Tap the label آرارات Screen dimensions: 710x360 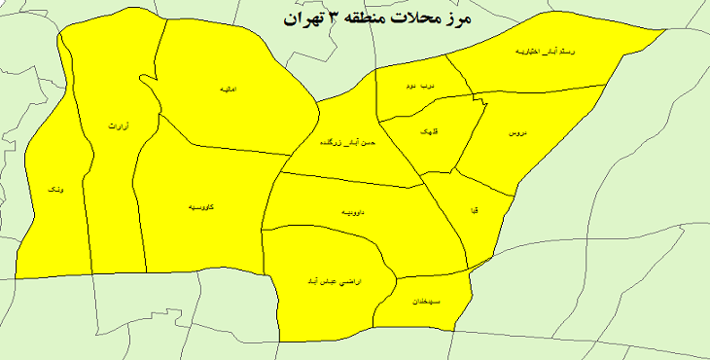pyautogui.click(x=118, y=126)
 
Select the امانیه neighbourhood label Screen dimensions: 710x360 pyautogui.click(x=230, y=89)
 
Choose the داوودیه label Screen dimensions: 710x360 pyautogui.click(x=354, y=211)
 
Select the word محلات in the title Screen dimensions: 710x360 pyautogui.click(x=441, y=18)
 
